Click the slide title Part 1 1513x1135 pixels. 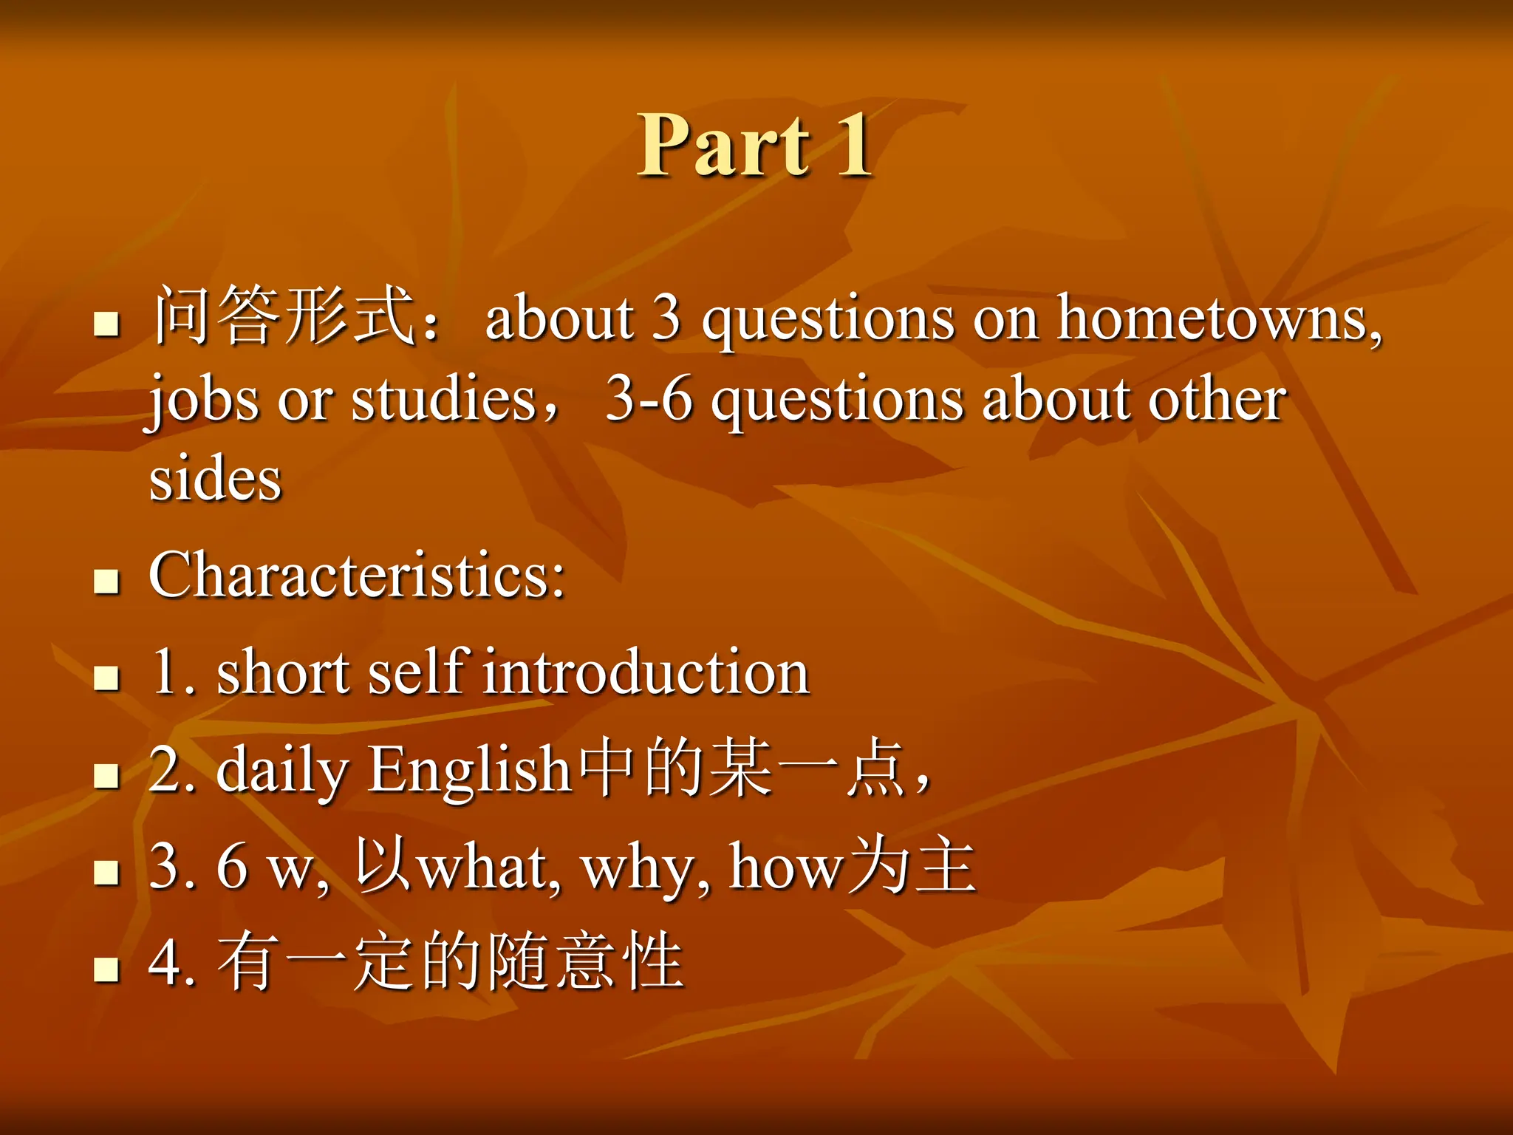pos(755,145)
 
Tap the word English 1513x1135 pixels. pos(470,770)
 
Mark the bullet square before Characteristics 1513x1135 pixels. pos(107,582)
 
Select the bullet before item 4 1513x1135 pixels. pos(107,969)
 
